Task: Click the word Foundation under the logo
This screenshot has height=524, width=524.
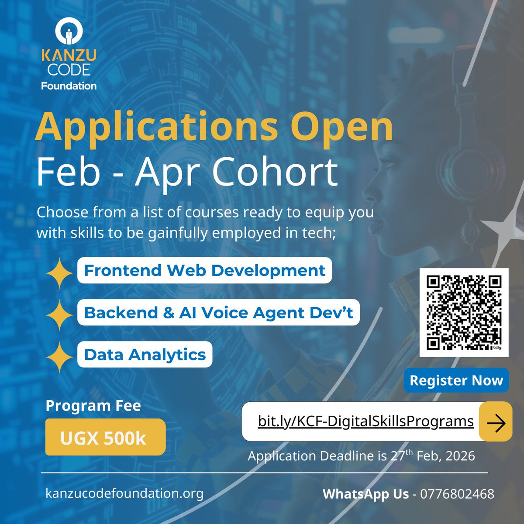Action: pyautogui.click(x=69, y=86)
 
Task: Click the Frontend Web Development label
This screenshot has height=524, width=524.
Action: pyautogui.click(x=204, y=271)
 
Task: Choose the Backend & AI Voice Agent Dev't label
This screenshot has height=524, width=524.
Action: pyautogui.click(x=218, y=313)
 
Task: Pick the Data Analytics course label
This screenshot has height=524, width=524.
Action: pyautogui.click(x=145, y=355)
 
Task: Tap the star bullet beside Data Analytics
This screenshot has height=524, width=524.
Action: pyautogui.click(x=59, y=357)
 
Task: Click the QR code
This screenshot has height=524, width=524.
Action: pyautogui.click(x=464, y=313)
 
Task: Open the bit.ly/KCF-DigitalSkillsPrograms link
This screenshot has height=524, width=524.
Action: pyautogui.click(x=365, y=421)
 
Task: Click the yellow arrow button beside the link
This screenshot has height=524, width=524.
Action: pyautogui.click(x=495, y=422)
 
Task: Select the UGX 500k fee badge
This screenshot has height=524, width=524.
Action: pyautogui.click(x=105, y=438)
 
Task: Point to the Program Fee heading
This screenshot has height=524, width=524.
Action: pyautogui.click(x=93, y=406)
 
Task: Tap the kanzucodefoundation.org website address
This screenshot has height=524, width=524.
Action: pyautogui.click(x=124, y=493)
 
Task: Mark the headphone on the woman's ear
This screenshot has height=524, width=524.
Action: pyautogui.click(x=471, y=170)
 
